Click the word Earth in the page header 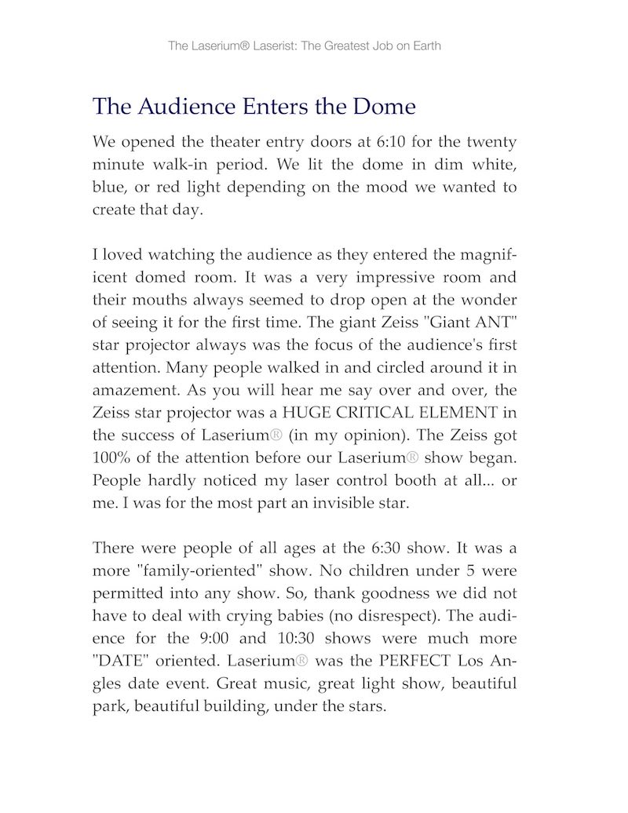pos(425,46)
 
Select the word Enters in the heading pos(272,106)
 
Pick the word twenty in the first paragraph pos(491,143)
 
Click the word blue pos(109,188)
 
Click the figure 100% pos(111,458)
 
